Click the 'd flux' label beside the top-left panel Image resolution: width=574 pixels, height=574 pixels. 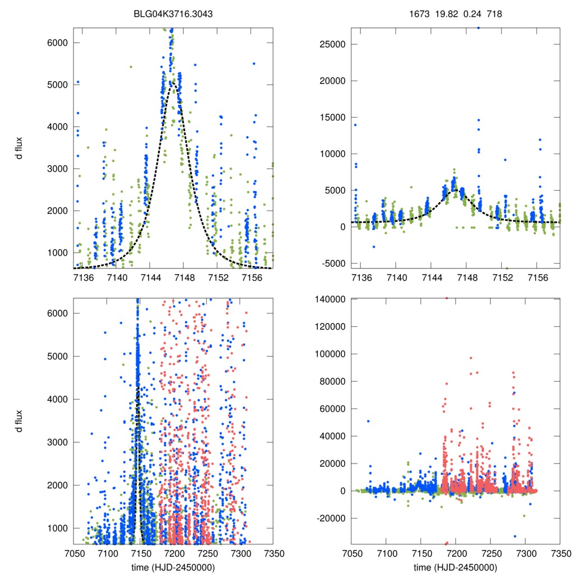tap(20, 148)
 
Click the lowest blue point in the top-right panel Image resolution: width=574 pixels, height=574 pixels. tap(374, 247)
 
